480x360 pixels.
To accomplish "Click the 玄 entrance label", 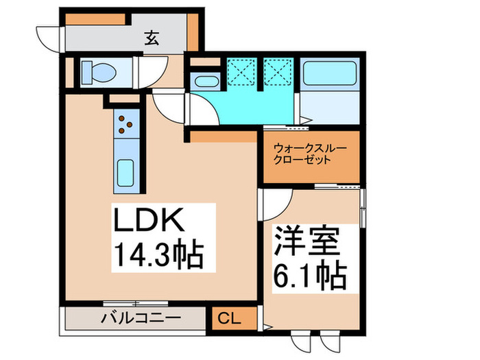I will [152, 38].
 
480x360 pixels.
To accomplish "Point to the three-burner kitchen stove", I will [125, 123].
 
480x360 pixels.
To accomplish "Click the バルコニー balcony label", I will [141, 317].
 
